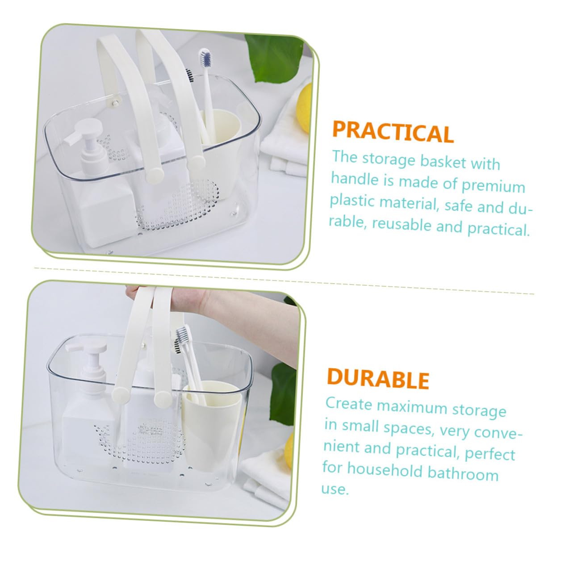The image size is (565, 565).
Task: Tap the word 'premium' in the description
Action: pos(493,186)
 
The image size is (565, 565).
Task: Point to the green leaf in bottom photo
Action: pos(283,393)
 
